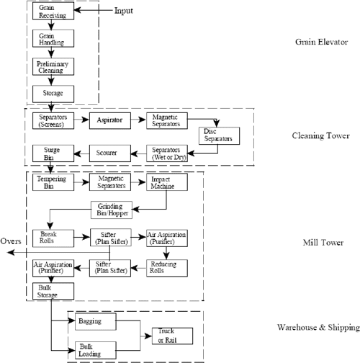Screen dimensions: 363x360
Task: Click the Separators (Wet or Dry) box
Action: [165, 153]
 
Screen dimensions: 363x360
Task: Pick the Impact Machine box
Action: [165, 182]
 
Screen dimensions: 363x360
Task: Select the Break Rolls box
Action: [50, 238]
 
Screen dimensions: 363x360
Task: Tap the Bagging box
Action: [89, 320]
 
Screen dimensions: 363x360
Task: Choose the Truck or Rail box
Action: [166, 335]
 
